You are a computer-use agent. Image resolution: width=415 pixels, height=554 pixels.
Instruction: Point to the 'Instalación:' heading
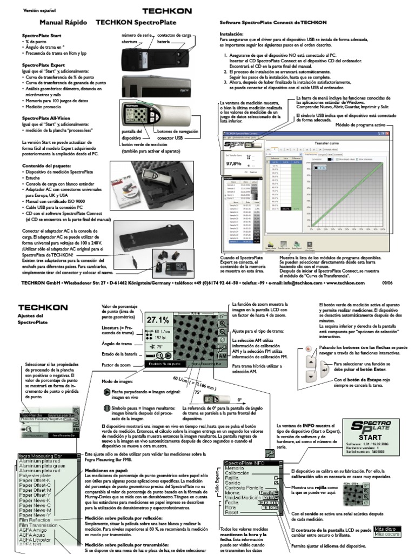(232, 34)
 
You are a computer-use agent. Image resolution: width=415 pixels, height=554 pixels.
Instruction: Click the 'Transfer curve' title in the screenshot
(330, 143)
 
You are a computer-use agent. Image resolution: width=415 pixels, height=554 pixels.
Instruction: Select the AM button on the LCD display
(222, 357)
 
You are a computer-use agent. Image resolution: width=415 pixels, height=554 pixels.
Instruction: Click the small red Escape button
(309, 349)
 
